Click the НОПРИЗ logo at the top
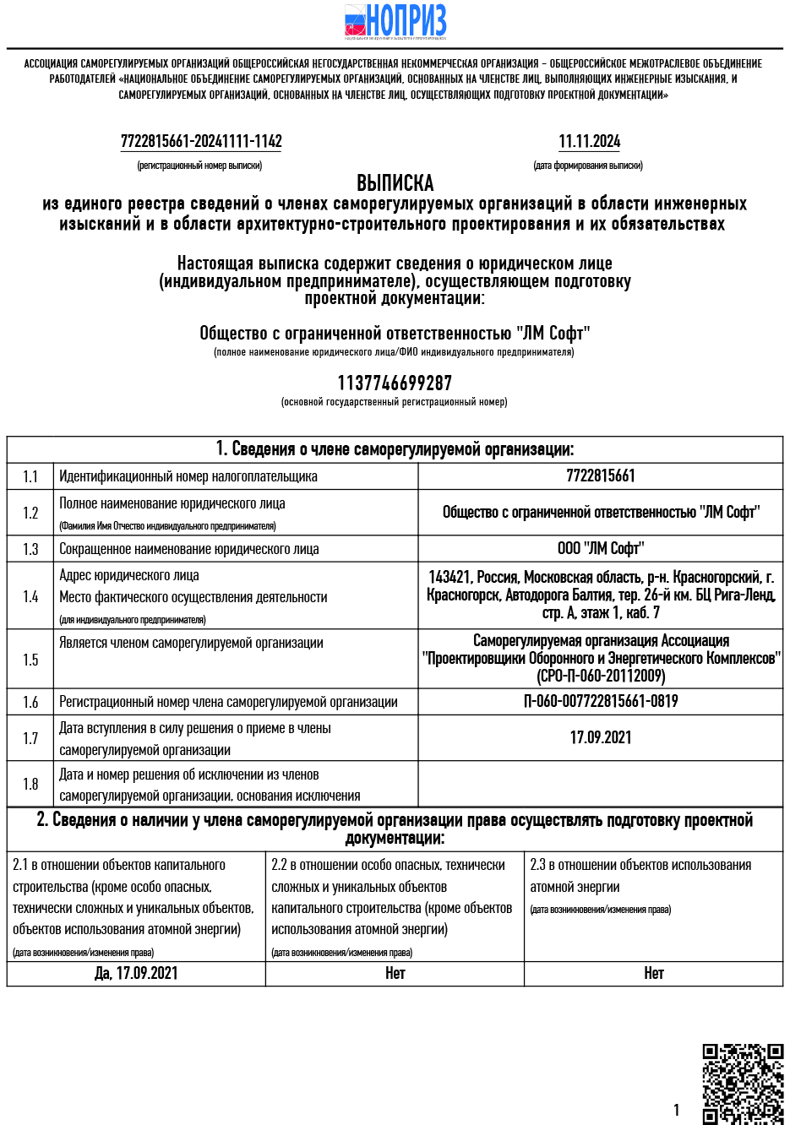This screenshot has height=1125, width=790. tap(395, 21)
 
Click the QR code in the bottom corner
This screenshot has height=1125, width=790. tap(743, 1084)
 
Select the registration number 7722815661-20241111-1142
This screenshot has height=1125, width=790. tap(201, 142)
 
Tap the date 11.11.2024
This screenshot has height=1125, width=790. tap(589, 142)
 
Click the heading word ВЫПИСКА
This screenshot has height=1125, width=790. tap(395, 183)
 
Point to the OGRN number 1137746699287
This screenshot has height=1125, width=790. tap(395, 383)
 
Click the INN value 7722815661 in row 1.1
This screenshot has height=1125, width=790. tap(600, 476)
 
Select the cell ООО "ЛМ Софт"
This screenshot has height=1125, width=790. tap(600, 549)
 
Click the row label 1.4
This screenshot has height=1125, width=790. tap(30, 597)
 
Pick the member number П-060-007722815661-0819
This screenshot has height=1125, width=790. tap(600, 702)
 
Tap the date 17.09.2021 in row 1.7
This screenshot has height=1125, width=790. tap(600, 738)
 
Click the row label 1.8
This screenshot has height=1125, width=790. tap(30, 785)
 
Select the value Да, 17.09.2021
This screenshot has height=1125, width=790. tap(136, 974)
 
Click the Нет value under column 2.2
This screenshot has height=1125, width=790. tap(395, 974)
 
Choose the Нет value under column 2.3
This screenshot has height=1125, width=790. tap(653, 974)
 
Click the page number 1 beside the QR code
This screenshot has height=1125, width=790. tap(676, 1111)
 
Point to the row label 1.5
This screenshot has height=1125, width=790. tap(30, 660)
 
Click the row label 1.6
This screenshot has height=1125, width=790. tap(30, 702)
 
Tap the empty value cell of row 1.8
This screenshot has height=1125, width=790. tap(600, 785)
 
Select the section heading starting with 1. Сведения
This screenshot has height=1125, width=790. tap(395, 449)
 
